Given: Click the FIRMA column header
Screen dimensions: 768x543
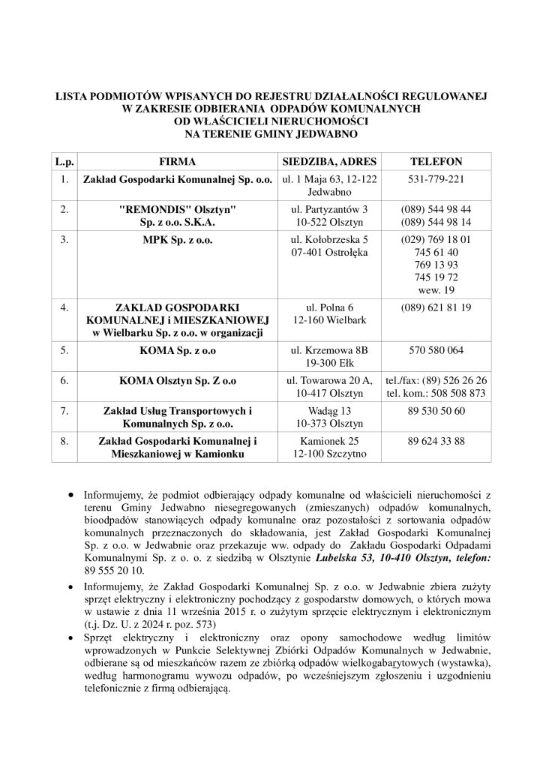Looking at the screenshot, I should click(177, 161).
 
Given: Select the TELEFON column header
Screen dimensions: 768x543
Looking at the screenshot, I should click(436, 161).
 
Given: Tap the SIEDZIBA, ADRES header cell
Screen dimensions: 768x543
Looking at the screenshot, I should click(329, 161).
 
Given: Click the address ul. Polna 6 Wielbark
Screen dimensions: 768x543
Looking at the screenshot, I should click(329, 314).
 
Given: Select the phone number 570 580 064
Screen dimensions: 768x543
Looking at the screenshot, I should click(436, 350).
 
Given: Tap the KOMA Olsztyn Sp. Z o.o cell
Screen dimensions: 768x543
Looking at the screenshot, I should click(177, 380).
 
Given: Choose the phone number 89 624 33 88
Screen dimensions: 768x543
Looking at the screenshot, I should click(436, 442).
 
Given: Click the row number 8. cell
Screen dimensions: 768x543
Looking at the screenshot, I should click(65, 442).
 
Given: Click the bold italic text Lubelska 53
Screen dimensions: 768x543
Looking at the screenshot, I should click(343, 559).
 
